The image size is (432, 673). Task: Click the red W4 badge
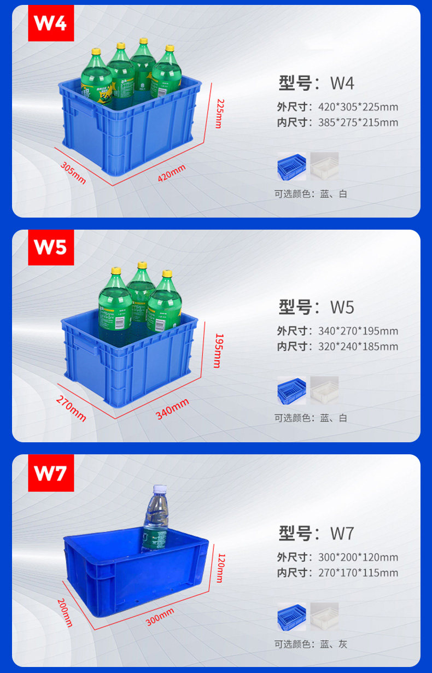pyautogui.click(x=51, y=23)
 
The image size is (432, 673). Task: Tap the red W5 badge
pyautogui.click(x=51, y=247)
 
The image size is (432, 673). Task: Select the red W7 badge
pyautogui.click(x=51, y=473)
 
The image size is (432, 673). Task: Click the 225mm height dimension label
pyautogui.click(x=220, y=113)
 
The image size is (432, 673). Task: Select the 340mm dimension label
pyautogui.click(x=172, y=409)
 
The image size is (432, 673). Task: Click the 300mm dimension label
pyautogui.click(x=160, y=617)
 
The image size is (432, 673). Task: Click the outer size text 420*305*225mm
pyautogui.click(x=358, y=107)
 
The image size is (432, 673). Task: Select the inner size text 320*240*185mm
pyautogui.click(x=358, y=346)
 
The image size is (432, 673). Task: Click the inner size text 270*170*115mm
pyautogui.click(x=358, y=573)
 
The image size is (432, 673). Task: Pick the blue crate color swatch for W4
pyautogui.click(x=291, y=166)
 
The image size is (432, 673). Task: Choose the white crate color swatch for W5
pyautogui.click(x=324, y=390)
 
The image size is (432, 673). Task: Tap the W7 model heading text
pyautogui.click(x=317, y=532)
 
